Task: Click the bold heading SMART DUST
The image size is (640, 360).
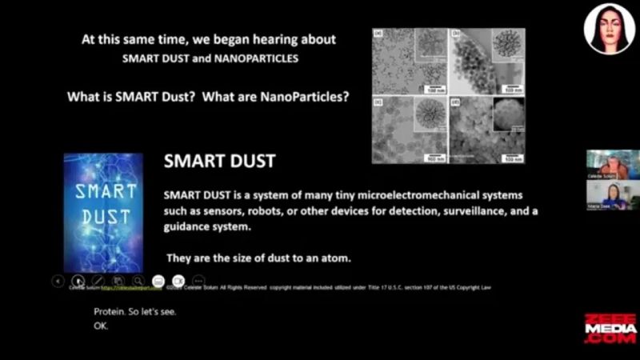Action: pos(219,161)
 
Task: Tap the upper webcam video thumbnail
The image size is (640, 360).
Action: pos(613,164)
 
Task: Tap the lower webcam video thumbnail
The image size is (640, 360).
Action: pos(613,195)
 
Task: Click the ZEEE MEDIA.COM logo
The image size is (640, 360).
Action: pos(610,328)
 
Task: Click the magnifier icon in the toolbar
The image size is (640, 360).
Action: pos(138,281)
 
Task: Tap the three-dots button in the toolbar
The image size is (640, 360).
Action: pos(199,281)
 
